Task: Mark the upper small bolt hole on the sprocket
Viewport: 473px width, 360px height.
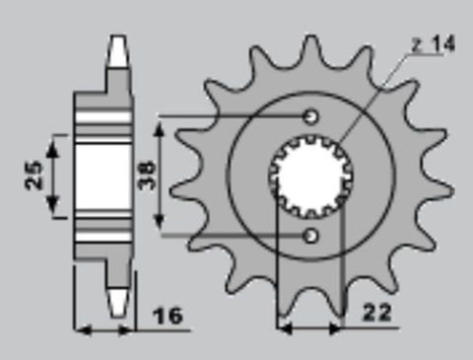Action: pyautogui.click(x=311, y=116)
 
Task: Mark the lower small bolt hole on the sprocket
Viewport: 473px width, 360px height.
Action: pyautogui.click(x=311, y=237)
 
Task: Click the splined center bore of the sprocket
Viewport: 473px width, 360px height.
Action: pyautogui.click(x=309, y=178)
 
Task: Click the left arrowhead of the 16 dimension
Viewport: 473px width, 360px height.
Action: pyautogui.click(x=81, y=329)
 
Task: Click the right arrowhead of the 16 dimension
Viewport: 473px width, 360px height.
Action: pyautogui.click(x=132, y=329)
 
